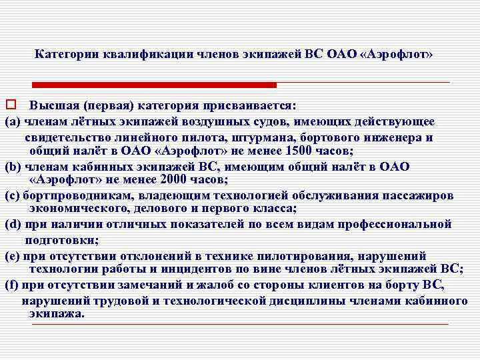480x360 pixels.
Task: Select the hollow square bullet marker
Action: tap(11, 105)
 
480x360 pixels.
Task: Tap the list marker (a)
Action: tap(13, 121)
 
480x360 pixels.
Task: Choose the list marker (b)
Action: tap(13, 167)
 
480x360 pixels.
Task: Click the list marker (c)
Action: tap(13, 196)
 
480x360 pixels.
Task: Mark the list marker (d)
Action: tap(13, 225)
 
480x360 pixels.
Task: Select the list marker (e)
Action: tap(13, 255)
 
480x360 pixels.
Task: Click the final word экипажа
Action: tap(57, 313)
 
